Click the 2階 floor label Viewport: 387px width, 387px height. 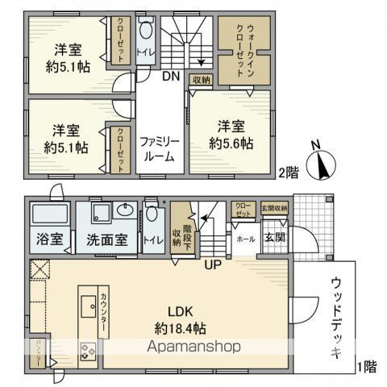pyautogui.click(x=289, y=173)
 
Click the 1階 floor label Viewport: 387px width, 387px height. pyautogui.click(x=368, y=367)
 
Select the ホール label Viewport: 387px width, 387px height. pyautogui.click(x=245, y=239)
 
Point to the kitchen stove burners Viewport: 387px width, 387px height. pyautogui.click(x=87, y=351)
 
